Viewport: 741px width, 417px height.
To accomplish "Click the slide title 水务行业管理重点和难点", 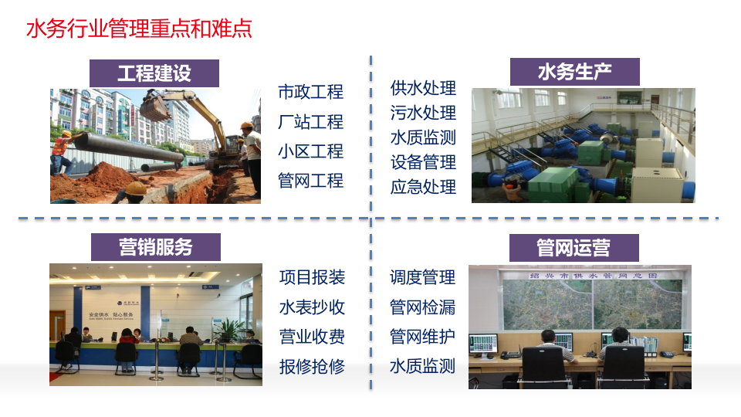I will coord(140,30).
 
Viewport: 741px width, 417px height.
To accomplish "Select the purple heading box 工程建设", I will coord(154,73).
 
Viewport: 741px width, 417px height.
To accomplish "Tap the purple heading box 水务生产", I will coord(575,72).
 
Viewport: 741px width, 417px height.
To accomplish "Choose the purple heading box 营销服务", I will coord(155,247).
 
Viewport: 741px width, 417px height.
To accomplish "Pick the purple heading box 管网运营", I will coord(574,247).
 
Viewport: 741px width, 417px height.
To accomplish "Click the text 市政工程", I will coord(310,92).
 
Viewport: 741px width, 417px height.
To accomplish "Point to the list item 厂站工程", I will coord(310,122).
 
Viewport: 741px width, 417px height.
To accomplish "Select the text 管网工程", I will coord(310,181).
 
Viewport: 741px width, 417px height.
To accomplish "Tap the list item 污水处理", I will coord(423,113).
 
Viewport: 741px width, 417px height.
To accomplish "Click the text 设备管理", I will coord(423,162).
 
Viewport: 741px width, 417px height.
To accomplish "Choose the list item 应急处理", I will coord(423,187).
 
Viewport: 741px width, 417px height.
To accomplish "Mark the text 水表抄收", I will coord(312,307).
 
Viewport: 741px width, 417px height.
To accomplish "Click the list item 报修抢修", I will coord(312,366).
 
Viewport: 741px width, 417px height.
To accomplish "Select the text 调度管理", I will coord(422,277).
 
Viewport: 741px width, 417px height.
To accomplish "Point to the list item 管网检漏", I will coord(422,307).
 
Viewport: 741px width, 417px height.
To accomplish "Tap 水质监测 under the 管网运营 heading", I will coord(422,366).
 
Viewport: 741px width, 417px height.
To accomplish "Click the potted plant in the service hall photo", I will coord(229,333).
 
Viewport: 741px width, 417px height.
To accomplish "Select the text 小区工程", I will coord(310,151).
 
